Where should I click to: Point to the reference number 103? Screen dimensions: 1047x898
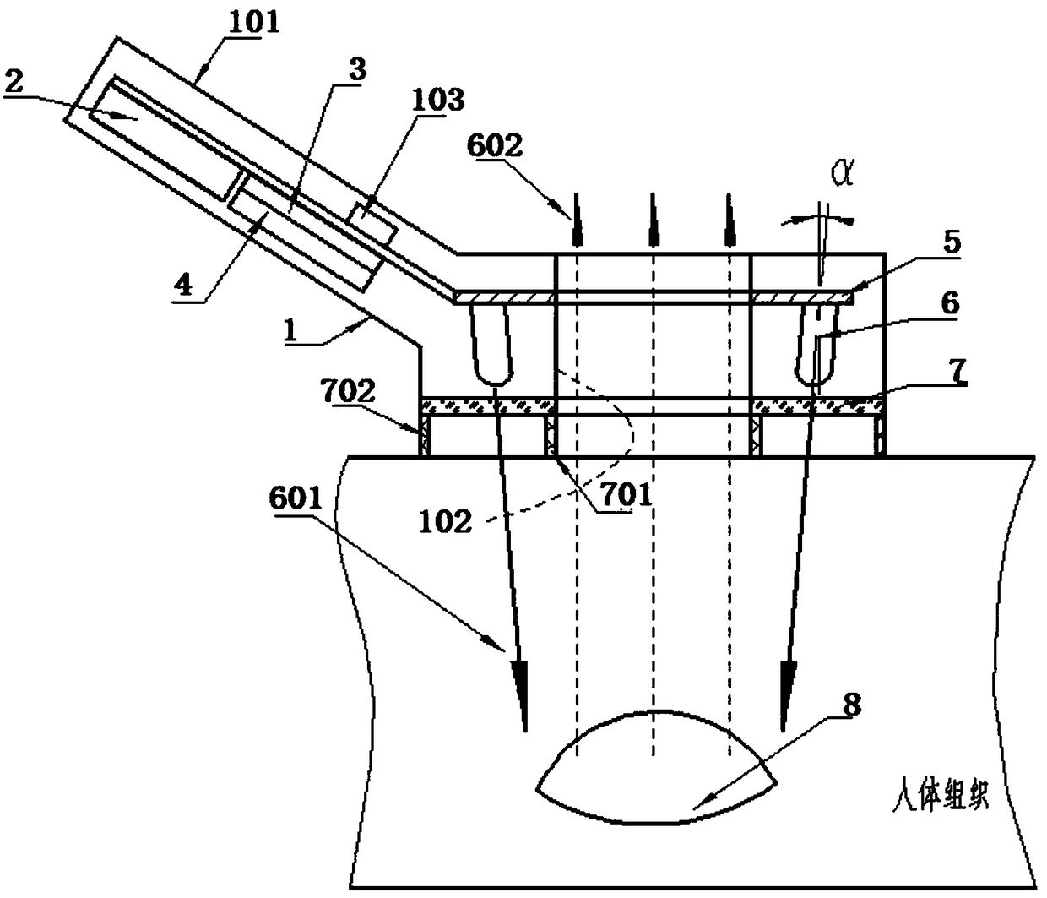pos(437,101)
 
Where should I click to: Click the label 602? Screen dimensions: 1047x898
pos(494,146)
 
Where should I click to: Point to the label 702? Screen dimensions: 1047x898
pos(348,391)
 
